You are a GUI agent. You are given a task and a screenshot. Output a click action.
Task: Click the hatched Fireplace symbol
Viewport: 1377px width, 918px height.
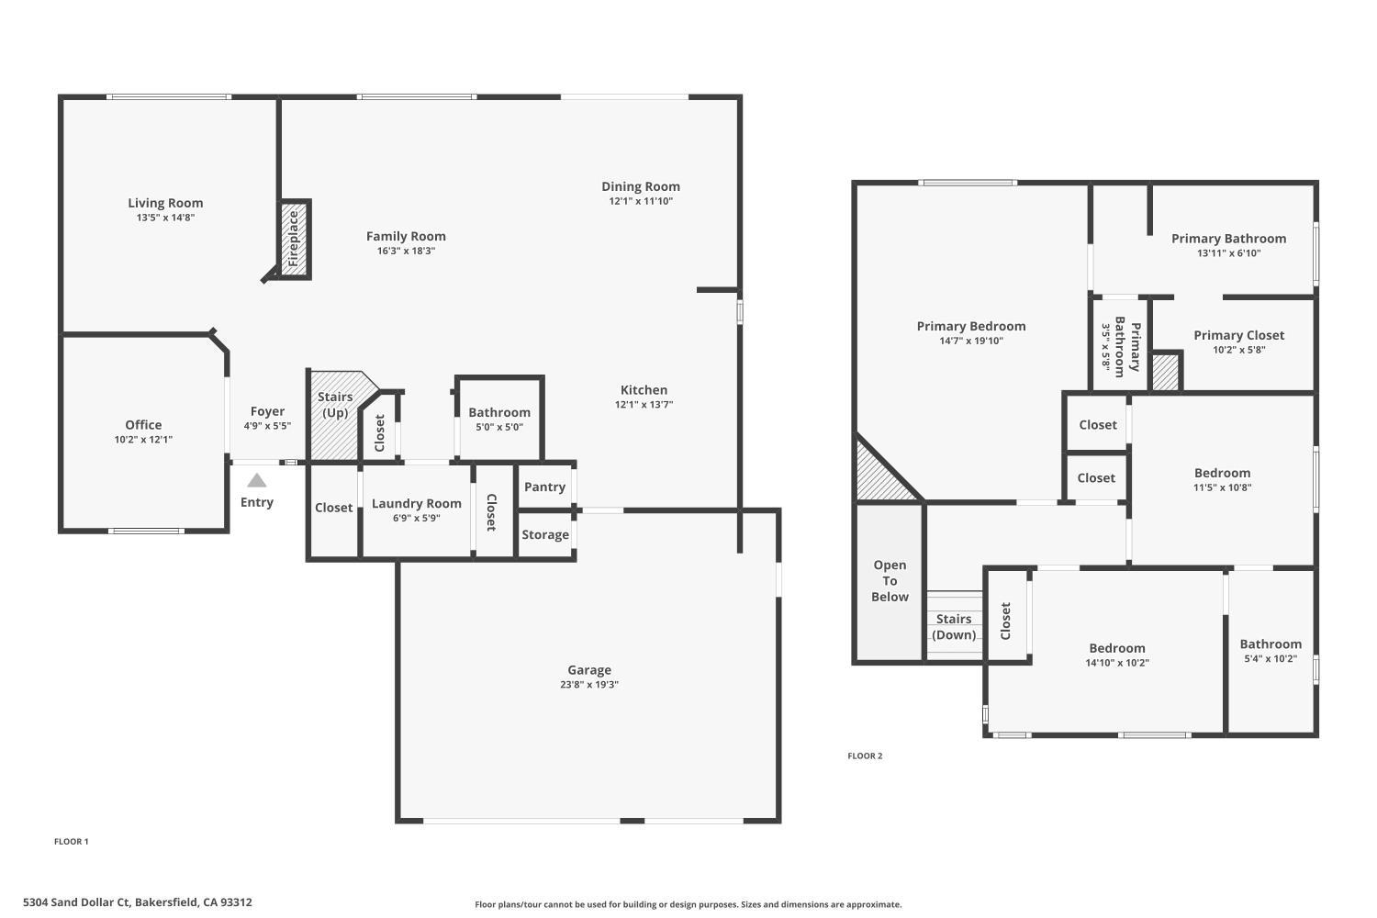pyautogui.click(x=294, y=239)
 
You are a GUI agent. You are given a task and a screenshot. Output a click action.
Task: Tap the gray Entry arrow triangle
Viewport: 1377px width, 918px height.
pyautogui.click(x=257, y=481)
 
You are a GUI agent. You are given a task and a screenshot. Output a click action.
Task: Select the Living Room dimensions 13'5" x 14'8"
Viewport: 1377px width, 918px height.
pyautogui.click(x=165, y=218)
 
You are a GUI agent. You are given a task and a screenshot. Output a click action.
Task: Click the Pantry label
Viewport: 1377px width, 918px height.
pyautogui.click(x=544, y=487)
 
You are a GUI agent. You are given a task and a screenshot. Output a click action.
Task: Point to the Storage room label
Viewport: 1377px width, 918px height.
pyautogui.click(x=545, y=534)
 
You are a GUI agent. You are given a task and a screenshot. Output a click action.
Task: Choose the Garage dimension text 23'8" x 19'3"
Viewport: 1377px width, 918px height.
pyautogui.click(x=588, y=684)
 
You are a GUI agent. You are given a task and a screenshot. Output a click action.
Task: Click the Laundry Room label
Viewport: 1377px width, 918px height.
pyautogui.click(x=416, y=503)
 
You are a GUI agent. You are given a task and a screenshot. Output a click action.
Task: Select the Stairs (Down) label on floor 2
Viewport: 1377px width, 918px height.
pyautogui.click(x=954, y=626)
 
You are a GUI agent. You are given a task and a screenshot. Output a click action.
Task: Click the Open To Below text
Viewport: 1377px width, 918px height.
pyautogui.click(x=890, y=580)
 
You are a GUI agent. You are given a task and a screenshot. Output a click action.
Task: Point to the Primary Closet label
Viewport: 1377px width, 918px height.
pyautogui.click(x=1238, y=335)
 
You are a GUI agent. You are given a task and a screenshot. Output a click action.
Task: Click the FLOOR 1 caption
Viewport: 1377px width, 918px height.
pyautogui.click(x=72, y=841)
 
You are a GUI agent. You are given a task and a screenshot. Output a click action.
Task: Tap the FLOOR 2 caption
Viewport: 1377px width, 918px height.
pyautogui.click(x=865, y=756)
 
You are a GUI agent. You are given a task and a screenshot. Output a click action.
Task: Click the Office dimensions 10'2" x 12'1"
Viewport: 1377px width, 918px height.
pyautogui.click(x=143, y=439)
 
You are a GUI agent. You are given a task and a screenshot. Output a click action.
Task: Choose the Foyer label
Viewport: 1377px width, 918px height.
pyautogui.click(x=267, y=411)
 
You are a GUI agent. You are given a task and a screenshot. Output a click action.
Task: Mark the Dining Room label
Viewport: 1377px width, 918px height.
pyautogui.click(x=641, y=186)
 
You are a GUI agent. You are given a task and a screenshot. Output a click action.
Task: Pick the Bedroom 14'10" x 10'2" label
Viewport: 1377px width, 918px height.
pyautogui.click(x=1116, y=648)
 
